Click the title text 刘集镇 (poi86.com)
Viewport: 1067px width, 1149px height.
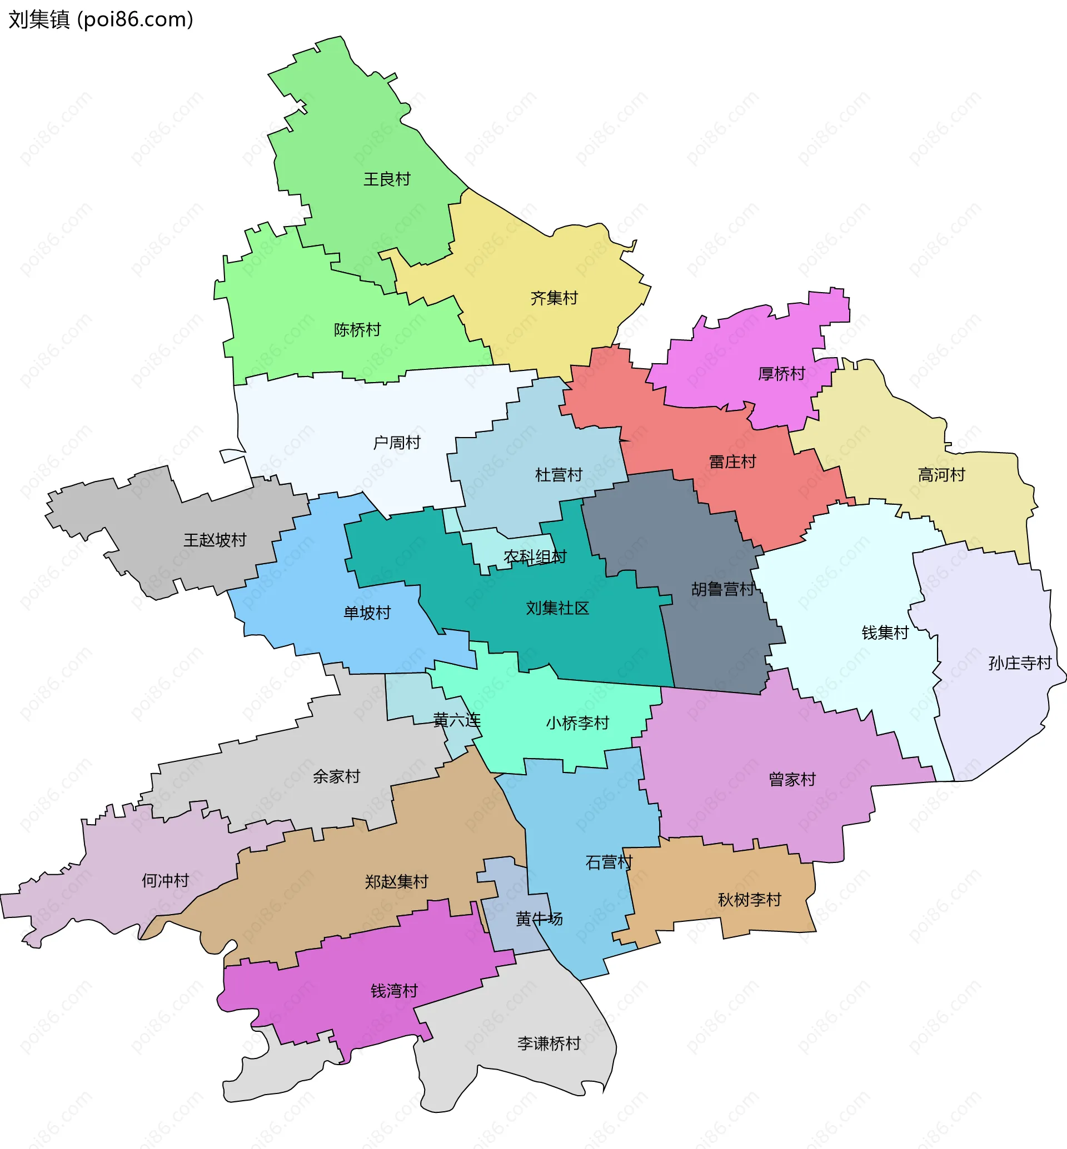(101, 19)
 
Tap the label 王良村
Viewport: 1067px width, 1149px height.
(387, 179)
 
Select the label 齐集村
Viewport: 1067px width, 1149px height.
(554, 298)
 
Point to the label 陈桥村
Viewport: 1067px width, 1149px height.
(357, 330)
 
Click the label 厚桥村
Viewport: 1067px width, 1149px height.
(781, 374)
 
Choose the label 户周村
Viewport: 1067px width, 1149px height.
(397, 443)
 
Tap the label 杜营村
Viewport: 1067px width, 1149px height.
(559, 475)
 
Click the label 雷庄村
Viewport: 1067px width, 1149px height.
(732, 462)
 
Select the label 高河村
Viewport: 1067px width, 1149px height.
(942, 475)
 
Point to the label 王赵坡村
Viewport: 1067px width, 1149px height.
(215, 541)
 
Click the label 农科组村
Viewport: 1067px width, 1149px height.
(535, 558)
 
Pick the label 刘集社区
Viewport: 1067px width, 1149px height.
(557, 608)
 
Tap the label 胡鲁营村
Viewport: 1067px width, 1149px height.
(723, 590)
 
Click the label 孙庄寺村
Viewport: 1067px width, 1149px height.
(1020, 664)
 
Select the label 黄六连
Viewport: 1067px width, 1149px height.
(457, 720)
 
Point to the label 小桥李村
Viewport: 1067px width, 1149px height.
(577, 724)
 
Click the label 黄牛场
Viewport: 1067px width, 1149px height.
(539, 919)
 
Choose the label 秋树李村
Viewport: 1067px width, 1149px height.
(750, 900)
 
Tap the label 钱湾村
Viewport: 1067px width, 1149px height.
(395, 991)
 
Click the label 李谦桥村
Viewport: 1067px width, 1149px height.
(549, 1044)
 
